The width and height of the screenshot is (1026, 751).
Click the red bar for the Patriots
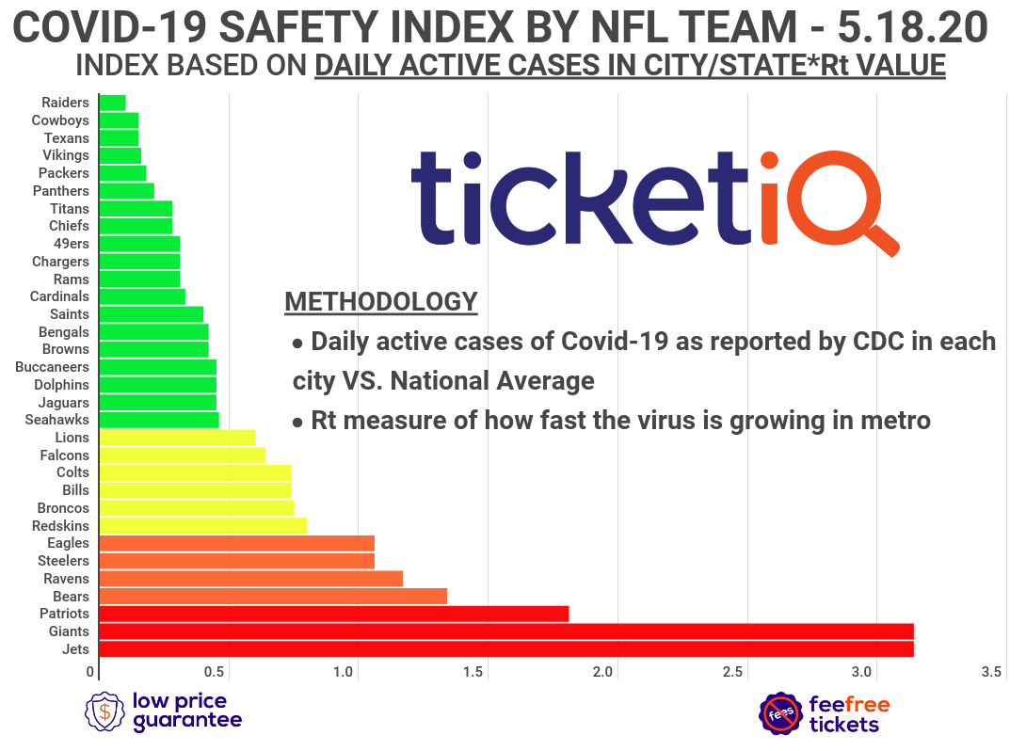[x=333, y=614]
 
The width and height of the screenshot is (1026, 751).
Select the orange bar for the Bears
[x=272, y=596]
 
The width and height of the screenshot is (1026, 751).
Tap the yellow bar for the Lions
[x=177, y=437]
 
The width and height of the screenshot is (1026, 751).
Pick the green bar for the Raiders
[x=112, y=103]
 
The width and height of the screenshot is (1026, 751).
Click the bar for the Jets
[x=505, y=649]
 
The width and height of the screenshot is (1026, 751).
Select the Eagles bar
[x=236, y=543]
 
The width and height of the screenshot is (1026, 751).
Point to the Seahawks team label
[x=57, y=420]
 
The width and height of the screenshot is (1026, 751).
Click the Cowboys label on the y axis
[x=60, y=120]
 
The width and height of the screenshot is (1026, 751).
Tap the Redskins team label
[x=60, y=525]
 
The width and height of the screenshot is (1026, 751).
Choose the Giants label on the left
[x=69, y=631]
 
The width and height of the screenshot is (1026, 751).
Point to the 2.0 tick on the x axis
[x=603, y=672]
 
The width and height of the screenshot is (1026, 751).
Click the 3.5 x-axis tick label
[x=990, y=672]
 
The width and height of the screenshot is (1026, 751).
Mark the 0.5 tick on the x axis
[x=216, y=672]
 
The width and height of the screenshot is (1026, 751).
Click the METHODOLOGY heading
[x=380, y=302]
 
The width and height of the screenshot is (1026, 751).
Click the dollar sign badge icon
[x=105, y=711]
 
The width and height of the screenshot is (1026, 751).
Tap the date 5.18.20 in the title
[x=912, y=27]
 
